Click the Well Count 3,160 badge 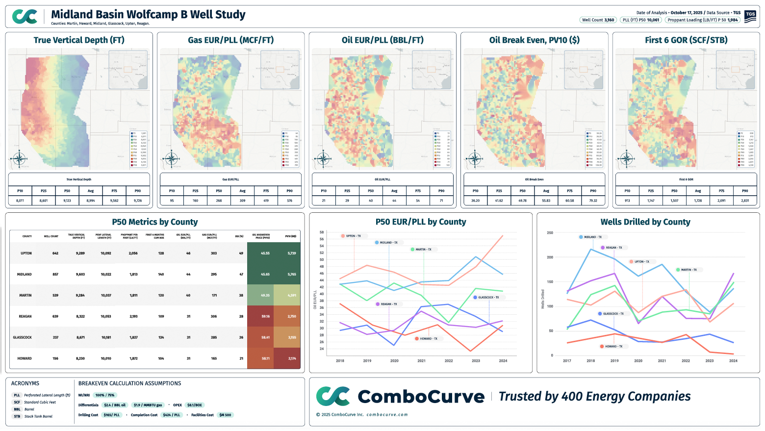tap(598, 20)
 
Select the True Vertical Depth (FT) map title tap(79, 40)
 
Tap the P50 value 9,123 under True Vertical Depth tap(67, 201)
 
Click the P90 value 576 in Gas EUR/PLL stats tap(289, 201)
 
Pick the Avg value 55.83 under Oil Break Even tap(546, 201)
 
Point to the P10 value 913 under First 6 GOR tap(627, 201)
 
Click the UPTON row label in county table tap(26, 254)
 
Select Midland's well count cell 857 tap(55, 275)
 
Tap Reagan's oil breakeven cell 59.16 tap(265, 317)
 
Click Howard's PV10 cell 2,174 tap(292, 359)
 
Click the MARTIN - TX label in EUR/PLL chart tap(423, 250)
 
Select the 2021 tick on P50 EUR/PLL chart tap(421, 361)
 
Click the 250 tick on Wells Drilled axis tap(550, 233)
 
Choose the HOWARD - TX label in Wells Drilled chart tap(613, 347)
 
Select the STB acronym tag tap(17, 417)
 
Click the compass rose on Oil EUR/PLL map tap(323, 159)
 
